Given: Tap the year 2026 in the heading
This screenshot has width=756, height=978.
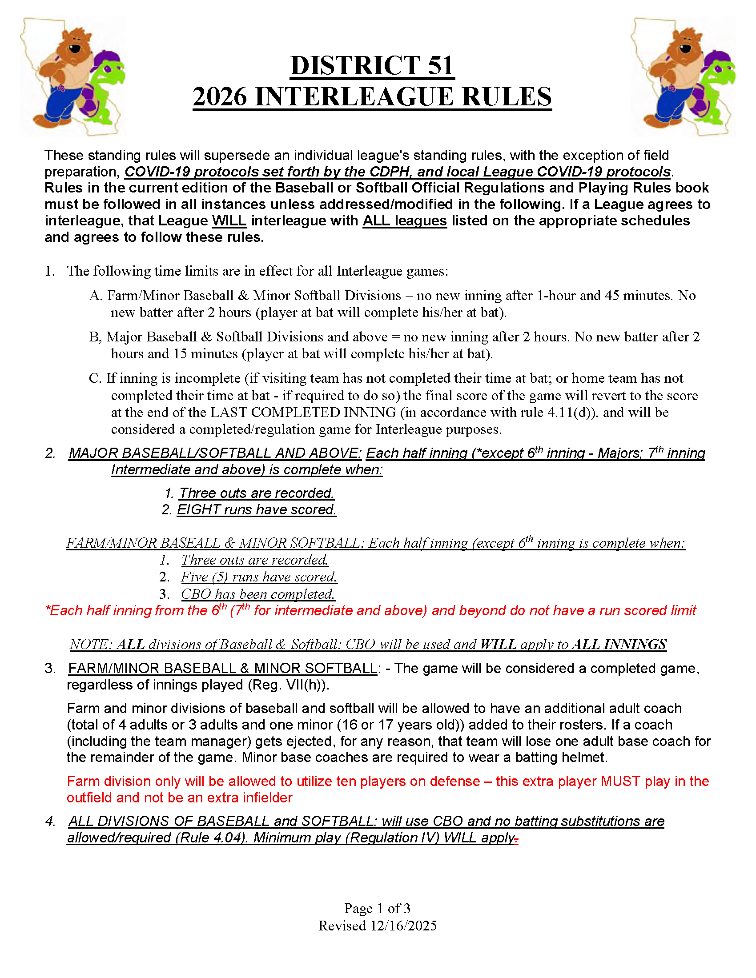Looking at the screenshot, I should pos(219,97).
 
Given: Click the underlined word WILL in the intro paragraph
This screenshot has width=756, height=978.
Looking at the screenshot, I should pos(229,221).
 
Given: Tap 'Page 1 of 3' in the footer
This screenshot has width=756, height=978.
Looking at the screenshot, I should pos(377,908).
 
